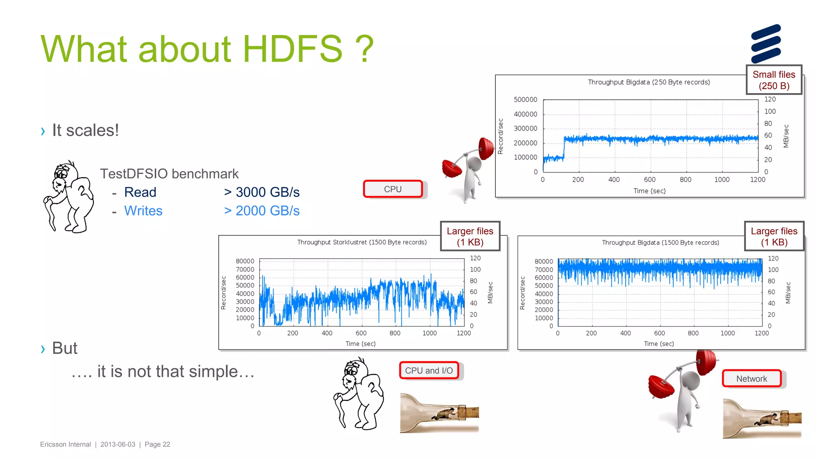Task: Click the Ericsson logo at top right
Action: (x=766, y=43)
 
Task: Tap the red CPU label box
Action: (x=393, y=189)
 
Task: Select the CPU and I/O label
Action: (x=429, y=371)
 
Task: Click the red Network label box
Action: (x=752, y=379)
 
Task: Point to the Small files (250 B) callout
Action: (x=774, y=80)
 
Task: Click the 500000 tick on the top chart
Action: (x=525, y=100)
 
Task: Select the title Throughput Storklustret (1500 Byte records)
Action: (x=361, y=242)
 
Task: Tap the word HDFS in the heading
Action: (x=292, y=49)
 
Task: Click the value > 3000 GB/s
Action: (x=262, y=192)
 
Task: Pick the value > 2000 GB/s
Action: (x=262, y=211)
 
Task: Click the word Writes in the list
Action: (x=143, y=211)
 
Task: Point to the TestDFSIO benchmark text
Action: (x=169, y=174)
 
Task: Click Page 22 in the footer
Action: (x=157, y=444)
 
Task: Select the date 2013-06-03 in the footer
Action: (x=118, y=444)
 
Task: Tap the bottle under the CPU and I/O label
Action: (x=439, y=413)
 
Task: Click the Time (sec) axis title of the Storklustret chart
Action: (x=360, y=343)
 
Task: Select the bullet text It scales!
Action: (x=85, y=130)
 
